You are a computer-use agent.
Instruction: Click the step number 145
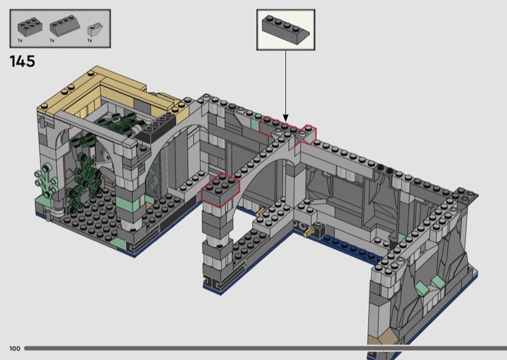click(x=22, y=61)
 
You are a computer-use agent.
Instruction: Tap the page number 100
click(x=15, y=349)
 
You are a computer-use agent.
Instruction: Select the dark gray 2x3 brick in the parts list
click(x=30, y=27)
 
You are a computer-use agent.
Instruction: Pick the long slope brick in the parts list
click(x=65, y=25)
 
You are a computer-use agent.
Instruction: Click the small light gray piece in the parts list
click(x=96, y=29)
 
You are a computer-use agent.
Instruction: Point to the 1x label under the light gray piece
click(x=89, y=41)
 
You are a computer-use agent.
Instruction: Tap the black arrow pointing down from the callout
click(x=286, y=86)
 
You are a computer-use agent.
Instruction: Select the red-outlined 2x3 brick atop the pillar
click(x=220, y=190)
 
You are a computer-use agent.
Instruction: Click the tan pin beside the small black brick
click(x=309, y=231)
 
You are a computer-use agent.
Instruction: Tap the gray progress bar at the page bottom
click(x=265, y=349)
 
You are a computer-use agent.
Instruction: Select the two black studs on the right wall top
click(x=385, y=168)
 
